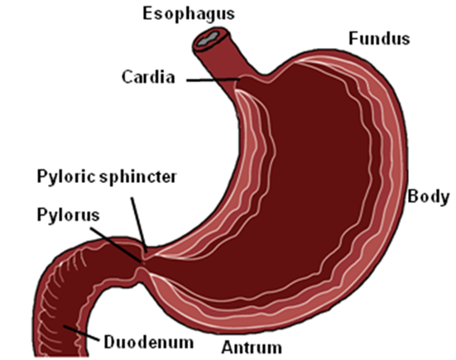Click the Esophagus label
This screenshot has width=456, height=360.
point(189,14)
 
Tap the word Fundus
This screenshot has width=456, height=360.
point(379,39)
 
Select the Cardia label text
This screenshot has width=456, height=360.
point(148,77)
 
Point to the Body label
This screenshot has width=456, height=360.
point(428,197)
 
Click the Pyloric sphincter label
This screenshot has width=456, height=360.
point(107,176)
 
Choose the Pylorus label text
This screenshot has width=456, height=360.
point(69,215)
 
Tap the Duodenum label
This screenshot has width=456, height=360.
point(149,342)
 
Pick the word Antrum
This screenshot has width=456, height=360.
point(252,348)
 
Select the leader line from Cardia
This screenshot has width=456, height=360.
point(214,79)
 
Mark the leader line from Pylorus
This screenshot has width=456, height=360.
point(117,245)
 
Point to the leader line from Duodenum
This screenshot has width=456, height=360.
point(80,333)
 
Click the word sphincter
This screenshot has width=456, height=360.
point(137,176)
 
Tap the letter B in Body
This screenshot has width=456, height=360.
point(413,196)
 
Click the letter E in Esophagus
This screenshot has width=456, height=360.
point(147,13)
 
